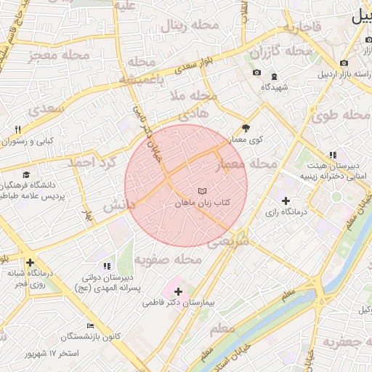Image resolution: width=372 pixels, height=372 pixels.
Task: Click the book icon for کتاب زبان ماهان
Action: pos(202,190)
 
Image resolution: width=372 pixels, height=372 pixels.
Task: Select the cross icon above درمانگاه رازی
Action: pos(286,201)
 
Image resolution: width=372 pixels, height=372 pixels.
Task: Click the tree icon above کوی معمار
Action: pos(246,126)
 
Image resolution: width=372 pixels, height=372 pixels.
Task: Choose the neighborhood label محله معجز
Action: pos(59,54)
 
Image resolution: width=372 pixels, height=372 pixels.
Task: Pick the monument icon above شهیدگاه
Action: pos(274,76)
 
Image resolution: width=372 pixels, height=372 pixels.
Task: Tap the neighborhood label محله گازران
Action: pos(280,52)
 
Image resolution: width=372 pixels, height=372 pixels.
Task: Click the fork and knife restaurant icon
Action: pos(17,129)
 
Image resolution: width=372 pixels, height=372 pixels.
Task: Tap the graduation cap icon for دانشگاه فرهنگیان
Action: pos(27,175)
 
